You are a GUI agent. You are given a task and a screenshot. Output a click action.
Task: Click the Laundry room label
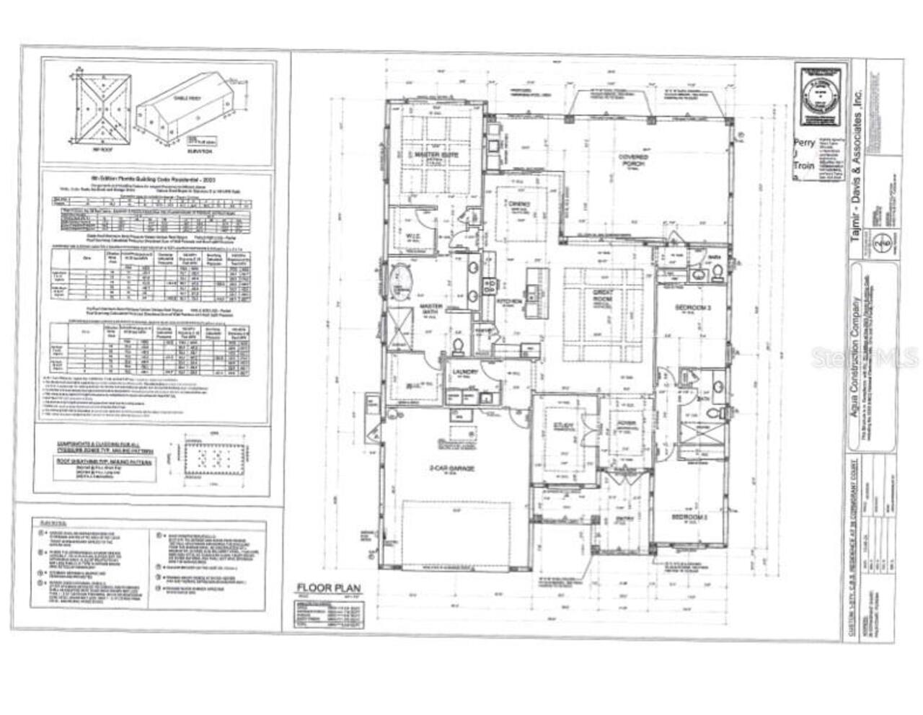tap(461, 373)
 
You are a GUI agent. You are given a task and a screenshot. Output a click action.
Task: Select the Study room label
tap(564, 427)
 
